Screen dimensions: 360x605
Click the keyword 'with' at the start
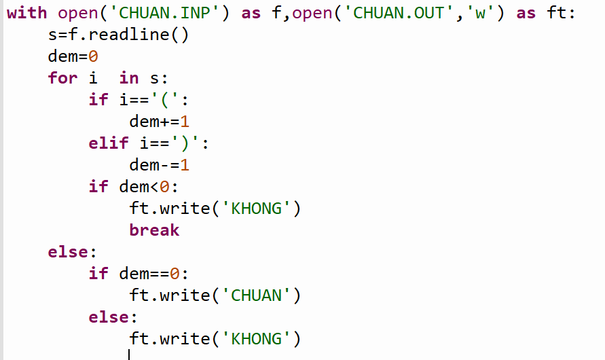click(x=26, y=13)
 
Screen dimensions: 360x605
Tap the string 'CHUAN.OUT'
click(x=399, y=13)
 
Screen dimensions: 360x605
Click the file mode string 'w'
click(x=480, y=13)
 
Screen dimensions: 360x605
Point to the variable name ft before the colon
click(x=557, y=13)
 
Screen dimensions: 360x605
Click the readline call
click(x=139, y=35)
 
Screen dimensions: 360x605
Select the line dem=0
click(x=73, y=56)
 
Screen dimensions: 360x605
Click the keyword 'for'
click(x=62, y=78)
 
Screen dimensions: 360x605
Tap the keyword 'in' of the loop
click(x=128, y=78)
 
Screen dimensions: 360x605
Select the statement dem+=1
click(x=159, y=122)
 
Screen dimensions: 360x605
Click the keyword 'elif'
click(x=109, y=143)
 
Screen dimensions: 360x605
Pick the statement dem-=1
click(x=159, y=165)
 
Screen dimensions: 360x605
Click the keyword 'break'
click(x=154, y=230)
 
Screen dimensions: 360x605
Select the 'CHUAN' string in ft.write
click(x=256, y=295)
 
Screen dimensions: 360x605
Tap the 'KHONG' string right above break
click(x=256, y=209)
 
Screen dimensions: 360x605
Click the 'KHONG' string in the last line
click(x=256, y=339)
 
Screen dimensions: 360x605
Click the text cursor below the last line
click(x=128, y=355)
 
